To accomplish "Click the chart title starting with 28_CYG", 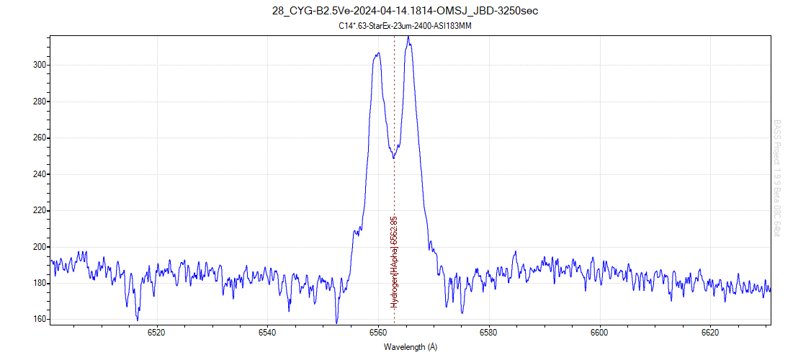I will (405, 11).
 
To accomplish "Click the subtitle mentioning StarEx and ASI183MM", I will (405, 25).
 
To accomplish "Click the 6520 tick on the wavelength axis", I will (156, 333).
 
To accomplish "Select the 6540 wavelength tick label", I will (267, 333).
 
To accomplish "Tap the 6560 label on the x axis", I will (378, 333).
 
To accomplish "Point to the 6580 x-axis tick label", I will (488, 333).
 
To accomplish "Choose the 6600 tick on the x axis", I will (599, 333).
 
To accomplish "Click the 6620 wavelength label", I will (710, 333).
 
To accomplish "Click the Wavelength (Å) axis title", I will (410, 346).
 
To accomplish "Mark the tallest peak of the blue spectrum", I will (408, 37).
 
